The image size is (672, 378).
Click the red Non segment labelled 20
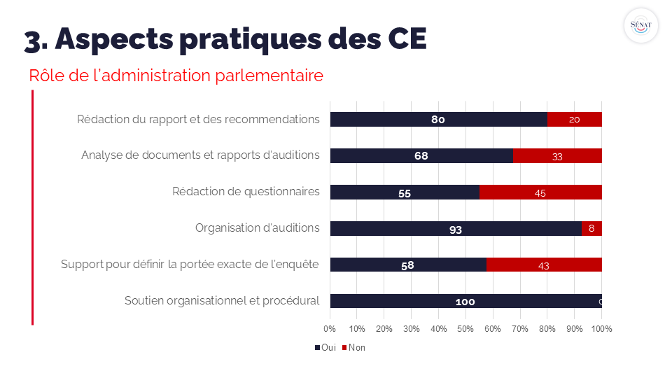point(575,120)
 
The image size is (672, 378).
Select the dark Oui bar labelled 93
point(456,229)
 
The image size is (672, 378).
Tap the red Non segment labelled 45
point(540,192)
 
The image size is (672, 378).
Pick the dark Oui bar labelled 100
point(465,302)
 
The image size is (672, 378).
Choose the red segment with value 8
point(591,229)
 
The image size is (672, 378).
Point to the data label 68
point(421,156)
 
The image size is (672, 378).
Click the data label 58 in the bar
point(408,265)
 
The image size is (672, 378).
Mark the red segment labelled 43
point(543,265)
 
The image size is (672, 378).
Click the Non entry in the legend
point(353,348)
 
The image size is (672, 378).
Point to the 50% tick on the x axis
point(465,328)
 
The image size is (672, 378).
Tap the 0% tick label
point(330,328)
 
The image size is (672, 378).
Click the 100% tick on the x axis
point(601,328)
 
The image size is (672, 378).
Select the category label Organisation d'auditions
point(257,227)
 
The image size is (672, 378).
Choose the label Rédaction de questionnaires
point(246,191)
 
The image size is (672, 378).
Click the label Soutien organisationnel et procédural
point(222,300)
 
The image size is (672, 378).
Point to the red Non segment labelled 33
point(557,156)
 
